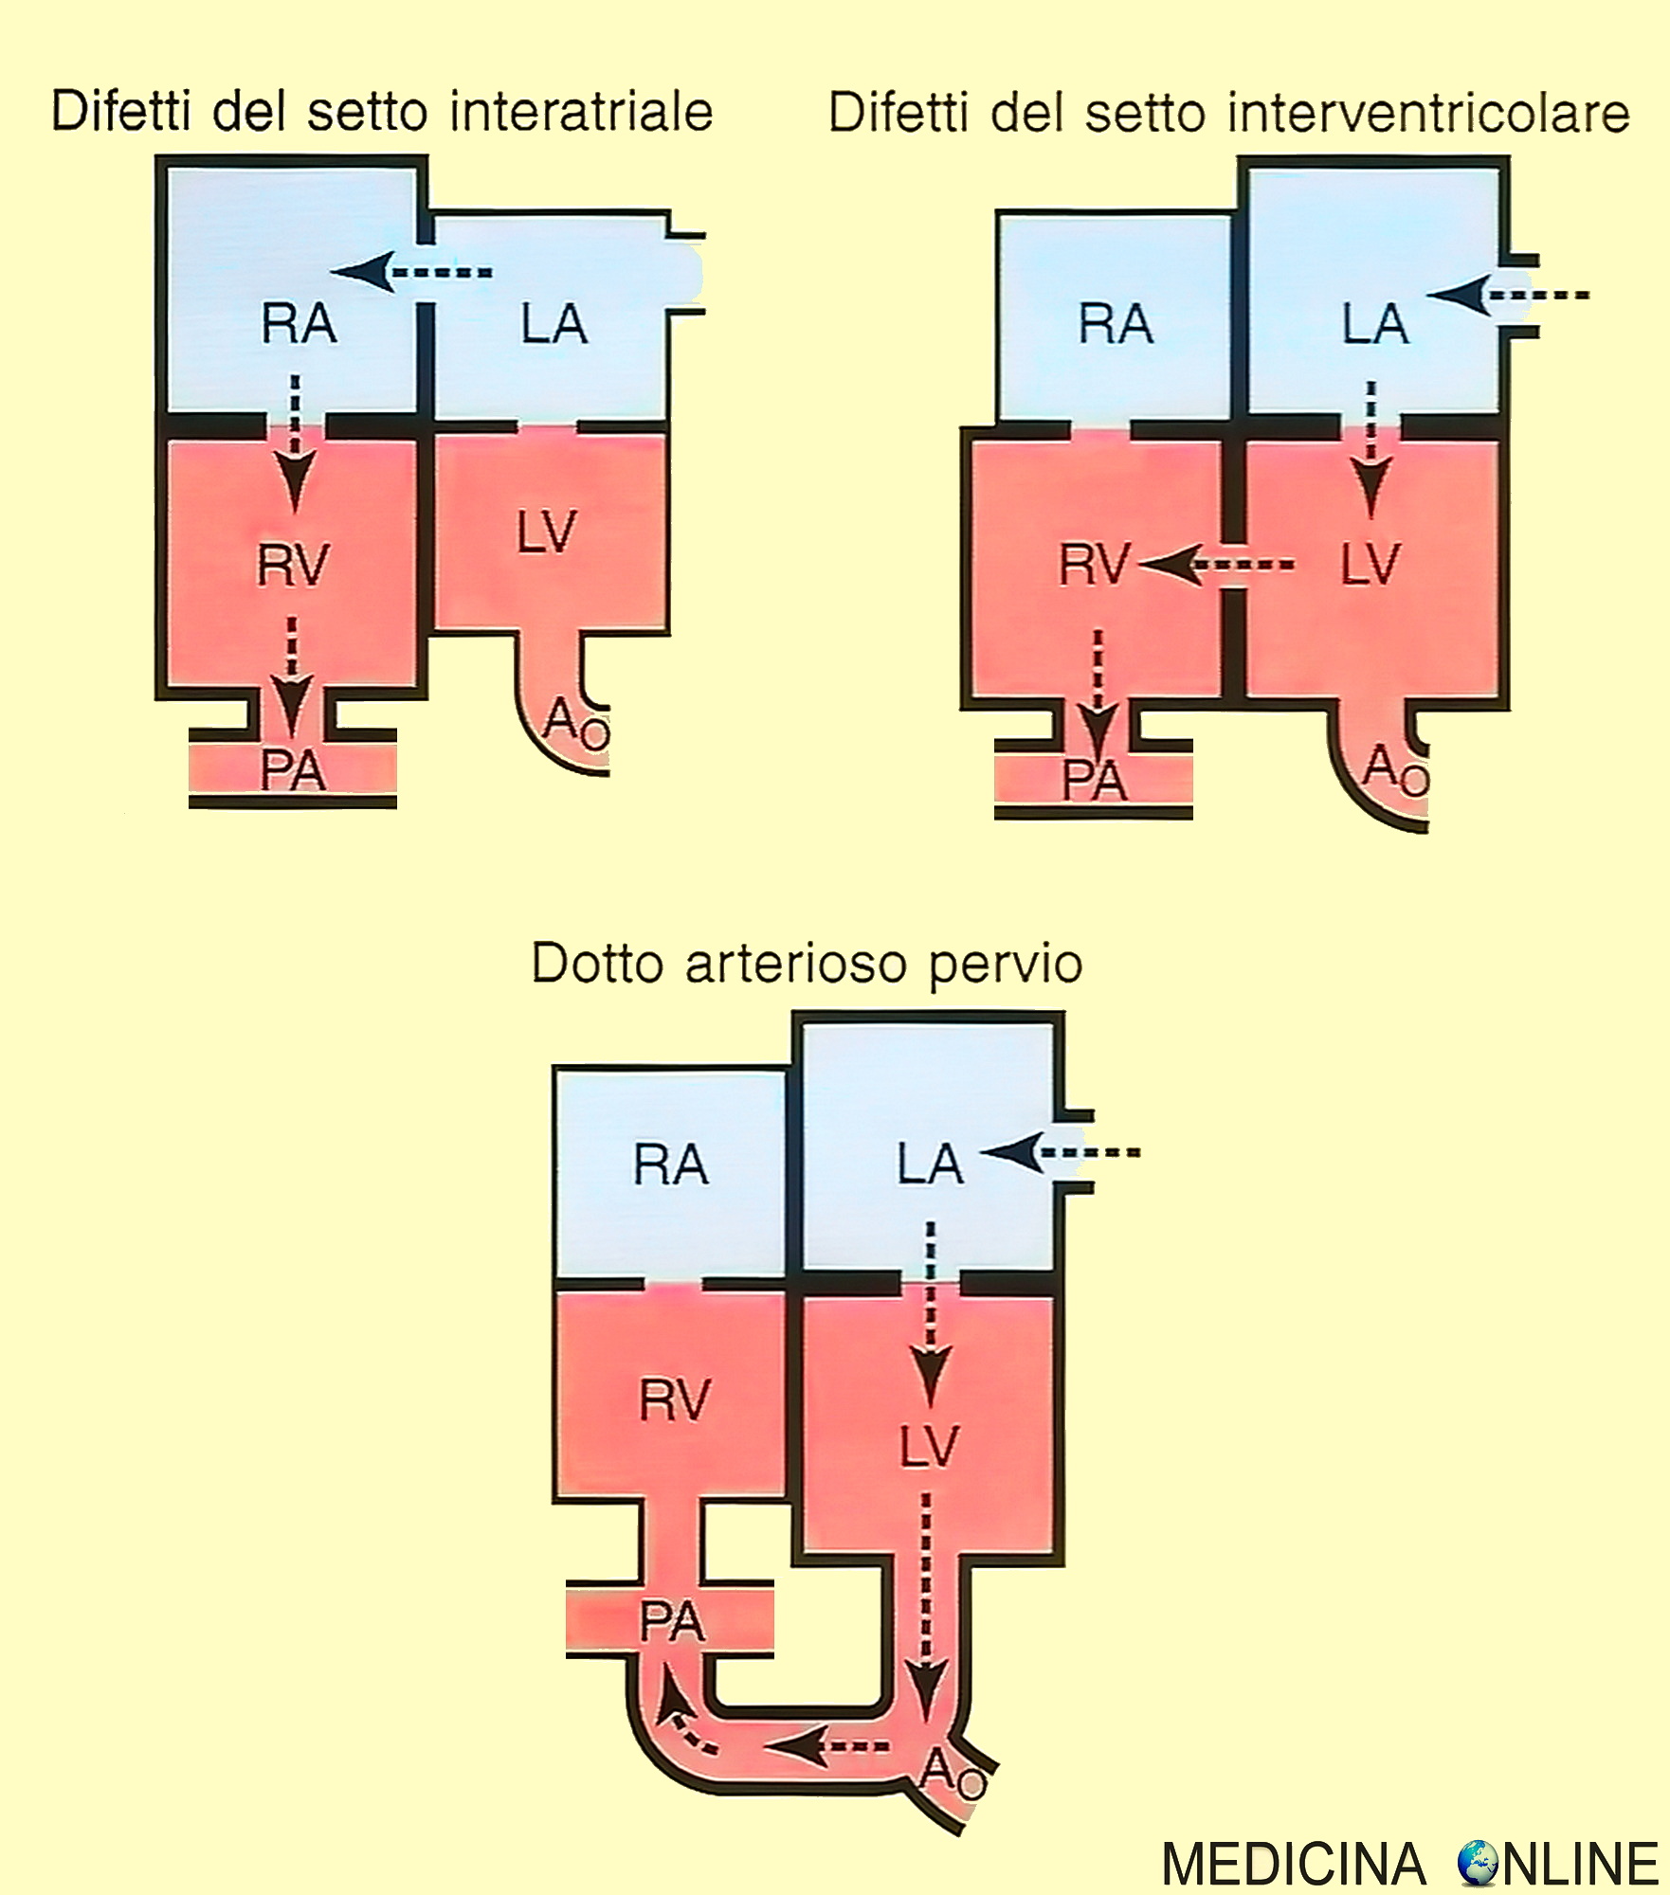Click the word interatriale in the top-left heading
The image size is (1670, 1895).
click(x=581, y=112)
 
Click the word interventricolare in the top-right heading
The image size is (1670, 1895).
click(x=1428, y=114)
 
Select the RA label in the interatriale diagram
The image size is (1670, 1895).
click(x=299, y=324)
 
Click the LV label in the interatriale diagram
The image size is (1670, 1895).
click(x=547, y=532)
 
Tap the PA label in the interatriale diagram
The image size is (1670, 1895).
click(x=293, y=771)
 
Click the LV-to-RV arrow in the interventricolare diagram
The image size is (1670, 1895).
click(x=1216, y=566)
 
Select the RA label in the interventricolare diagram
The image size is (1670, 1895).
click(x=1116, y=324)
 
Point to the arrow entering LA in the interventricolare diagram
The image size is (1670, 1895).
click(x=1507, y=296)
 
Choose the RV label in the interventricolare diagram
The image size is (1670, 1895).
click(x=1095, y=566)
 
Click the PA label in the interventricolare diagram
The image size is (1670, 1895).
click(x=1094, y=782)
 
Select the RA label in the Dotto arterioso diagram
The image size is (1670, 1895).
click(x=670, y=1164)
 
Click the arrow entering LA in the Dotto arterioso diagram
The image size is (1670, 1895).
click(x=1059, y=1153)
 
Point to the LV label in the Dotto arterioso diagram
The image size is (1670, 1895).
click(x=929, y=1447)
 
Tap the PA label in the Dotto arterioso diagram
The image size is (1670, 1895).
click(x=672, y=1622)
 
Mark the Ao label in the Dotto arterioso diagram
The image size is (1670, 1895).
click(x=952, y=1773)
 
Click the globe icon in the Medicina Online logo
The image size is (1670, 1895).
click(x=1478, y=1863)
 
